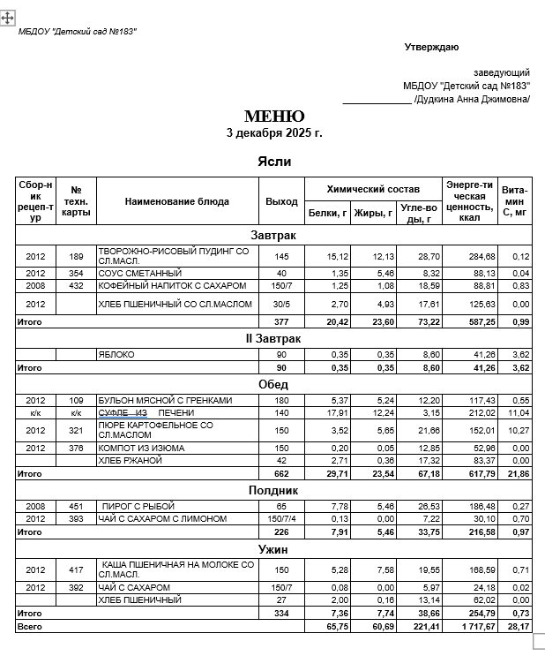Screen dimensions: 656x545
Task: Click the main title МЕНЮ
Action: (x=274, y=117)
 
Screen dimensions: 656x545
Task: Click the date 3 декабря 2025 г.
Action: (x=274, y=133)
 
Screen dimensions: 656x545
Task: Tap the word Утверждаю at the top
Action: (x=431, y=47)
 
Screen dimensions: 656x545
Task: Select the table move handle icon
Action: (x=7, y=17)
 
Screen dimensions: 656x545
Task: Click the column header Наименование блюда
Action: (x=176, y=201)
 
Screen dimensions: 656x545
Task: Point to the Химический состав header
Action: (x=372, y=189)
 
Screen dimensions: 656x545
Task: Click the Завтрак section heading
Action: (x=273, y=236)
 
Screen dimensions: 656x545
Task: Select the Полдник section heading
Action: (x=273, y=489)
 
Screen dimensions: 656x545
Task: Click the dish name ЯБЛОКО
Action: (x=118, y=354)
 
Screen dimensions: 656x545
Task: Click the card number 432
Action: (x=76, y=286)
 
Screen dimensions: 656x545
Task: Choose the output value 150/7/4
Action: (x=280, y=518)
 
